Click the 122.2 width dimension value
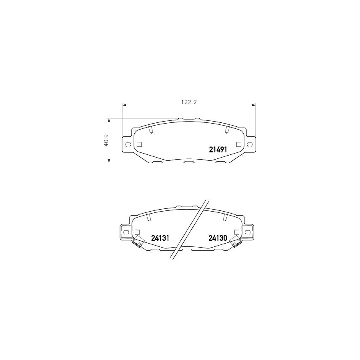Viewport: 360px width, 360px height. [188, 102]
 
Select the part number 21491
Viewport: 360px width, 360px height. [218, 150]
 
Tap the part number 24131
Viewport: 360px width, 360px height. [161, 238]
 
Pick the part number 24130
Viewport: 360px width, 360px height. [218, 238]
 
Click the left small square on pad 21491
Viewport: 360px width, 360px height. [139, 144]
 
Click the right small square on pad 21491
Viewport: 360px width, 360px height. [239, 144]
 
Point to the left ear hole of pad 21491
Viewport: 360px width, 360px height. [127, 144]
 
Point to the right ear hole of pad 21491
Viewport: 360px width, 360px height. [250, 144]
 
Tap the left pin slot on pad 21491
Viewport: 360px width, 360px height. [150, 129]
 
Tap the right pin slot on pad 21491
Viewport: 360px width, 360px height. [227, 129]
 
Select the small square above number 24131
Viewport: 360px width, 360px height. [137, 232]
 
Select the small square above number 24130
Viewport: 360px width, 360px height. [237, 232]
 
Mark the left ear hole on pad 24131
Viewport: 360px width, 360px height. [125, 232]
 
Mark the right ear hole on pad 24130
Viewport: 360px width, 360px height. [248, 232]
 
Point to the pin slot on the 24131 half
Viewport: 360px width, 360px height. [148, 216]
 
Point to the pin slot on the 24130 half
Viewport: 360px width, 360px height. [225, 216]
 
